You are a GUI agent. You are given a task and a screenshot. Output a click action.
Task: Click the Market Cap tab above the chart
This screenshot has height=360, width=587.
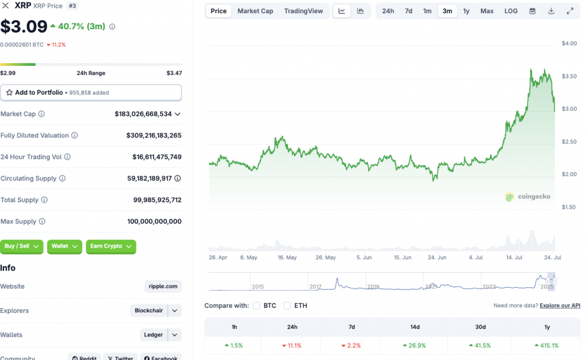click(255, 11)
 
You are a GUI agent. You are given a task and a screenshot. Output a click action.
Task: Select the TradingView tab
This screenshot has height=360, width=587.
click(303, 11)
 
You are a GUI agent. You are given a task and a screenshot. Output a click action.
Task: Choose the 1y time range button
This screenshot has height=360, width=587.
click(466, 11)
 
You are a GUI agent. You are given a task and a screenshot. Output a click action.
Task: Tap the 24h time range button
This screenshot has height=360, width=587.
click(388, 11)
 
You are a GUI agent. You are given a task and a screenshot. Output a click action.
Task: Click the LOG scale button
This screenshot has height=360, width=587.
click(511, 11)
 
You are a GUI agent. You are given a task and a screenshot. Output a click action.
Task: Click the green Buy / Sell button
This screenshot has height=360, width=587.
click(21, 246)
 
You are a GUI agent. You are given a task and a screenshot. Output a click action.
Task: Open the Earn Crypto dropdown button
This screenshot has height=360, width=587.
click(111, 246)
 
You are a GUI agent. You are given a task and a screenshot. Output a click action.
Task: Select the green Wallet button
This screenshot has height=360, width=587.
click(64, 246)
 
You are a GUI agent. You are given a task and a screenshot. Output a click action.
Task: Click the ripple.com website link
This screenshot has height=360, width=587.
click(163, 286)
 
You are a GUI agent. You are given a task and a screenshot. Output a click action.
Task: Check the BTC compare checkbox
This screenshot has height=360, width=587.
click(257, 306)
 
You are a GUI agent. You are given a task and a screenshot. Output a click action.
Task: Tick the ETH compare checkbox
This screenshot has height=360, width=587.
click(287, 306)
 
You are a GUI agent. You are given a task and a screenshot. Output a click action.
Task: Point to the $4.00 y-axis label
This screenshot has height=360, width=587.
click(569, 44)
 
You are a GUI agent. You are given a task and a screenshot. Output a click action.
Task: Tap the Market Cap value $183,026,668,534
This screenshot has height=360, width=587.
click(143, 114)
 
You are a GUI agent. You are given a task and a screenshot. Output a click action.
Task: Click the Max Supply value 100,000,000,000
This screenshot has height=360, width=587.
click(154, 221)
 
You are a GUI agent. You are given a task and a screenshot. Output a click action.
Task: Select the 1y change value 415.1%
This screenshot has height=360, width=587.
click(547, 345)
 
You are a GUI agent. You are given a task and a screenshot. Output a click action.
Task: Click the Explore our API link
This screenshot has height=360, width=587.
click(559, 306)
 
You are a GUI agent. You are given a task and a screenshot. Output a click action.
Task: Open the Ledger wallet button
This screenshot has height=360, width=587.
click(154, 335)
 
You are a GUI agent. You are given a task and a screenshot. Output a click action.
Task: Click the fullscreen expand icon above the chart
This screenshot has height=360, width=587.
click(570, 11)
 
